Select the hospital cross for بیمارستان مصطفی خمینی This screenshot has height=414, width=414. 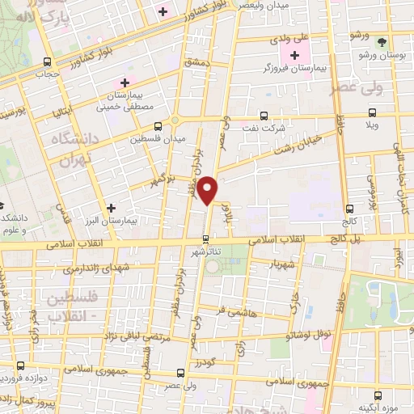[125, 82]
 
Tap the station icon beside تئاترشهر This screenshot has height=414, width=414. [205, 239]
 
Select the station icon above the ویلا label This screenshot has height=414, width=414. [372, 113]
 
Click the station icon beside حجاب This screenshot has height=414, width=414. [47, 61]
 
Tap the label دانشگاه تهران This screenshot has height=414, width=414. [74, 148]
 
